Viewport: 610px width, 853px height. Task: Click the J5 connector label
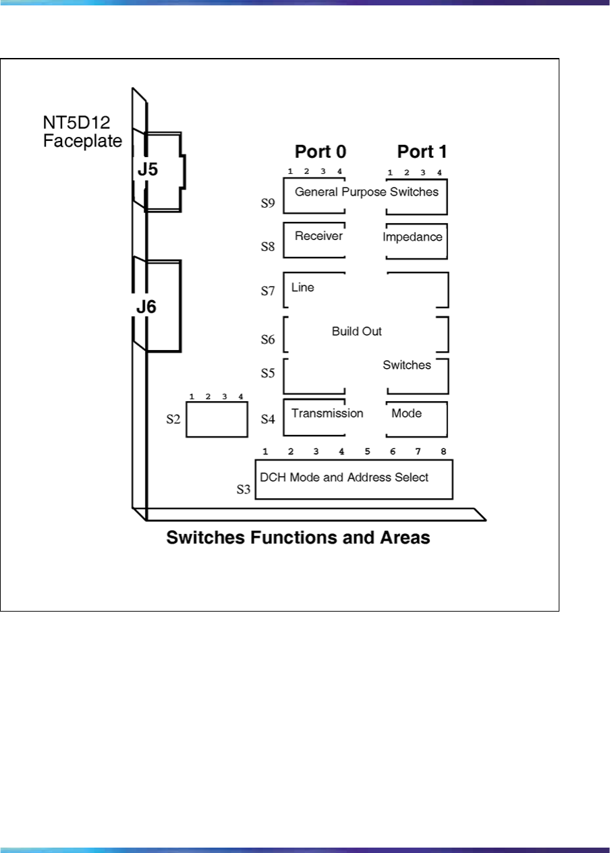pyautogui.click(x=148, y=170)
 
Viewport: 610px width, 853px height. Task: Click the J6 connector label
pyautogui.click(x=146, y=307)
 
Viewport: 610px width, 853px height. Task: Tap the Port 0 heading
pyautogui.click(x=321, y=152)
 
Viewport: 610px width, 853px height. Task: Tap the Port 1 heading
pyautogui.click(x=422, y=152)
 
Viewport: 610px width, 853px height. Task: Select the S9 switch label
pyautogui.click(x=268, y=203)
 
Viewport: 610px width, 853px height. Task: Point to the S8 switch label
pyautogui.click(x=268, y=247)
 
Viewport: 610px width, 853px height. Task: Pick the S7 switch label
pyautogui.click(x=268, y=292)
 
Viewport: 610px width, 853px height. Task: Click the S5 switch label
pyautogui.click(x=268, y=373)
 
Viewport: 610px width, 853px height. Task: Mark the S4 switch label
pyautogui.click(x=268, y=419)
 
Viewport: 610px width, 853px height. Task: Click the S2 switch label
pyautogui.click(x=173, y=419)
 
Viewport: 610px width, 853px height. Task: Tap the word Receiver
pyautogui.click(x=318, y=236)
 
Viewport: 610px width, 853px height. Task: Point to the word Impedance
pyautogui.click(x=412, y=237)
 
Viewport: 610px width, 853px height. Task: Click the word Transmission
pyautogui.click(x=327, y=413)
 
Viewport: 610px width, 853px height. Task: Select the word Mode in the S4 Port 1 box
pyautogui.click(x=406, y=413)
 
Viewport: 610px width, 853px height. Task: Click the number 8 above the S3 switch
pyautogui.click(x=443, y=451)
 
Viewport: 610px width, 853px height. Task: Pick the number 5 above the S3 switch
pyautogui.click(x=367, y=451)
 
